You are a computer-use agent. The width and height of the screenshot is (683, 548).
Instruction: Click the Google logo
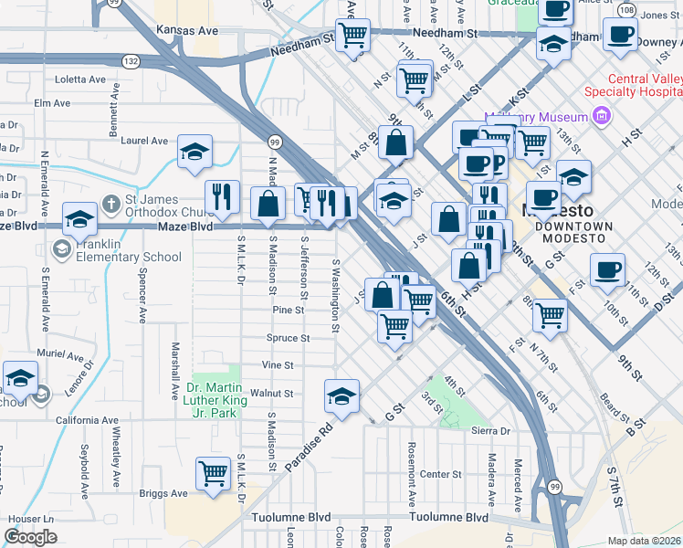[31, 537]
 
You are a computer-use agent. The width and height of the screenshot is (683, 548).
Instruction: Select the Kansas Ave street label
[187, 30]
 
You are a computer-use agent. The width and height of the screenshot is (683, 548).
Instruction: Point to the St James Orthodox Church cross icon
[110, 203]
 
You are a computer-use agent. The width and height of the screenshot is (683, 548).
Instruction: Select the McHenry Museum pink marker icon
[601, 116]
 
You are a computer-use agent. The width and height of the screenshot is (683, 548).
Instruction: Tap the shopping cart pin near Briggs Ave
[213, 473]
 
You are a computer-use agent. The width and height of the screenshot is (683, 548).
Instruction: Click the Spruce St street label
[288, 338]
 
